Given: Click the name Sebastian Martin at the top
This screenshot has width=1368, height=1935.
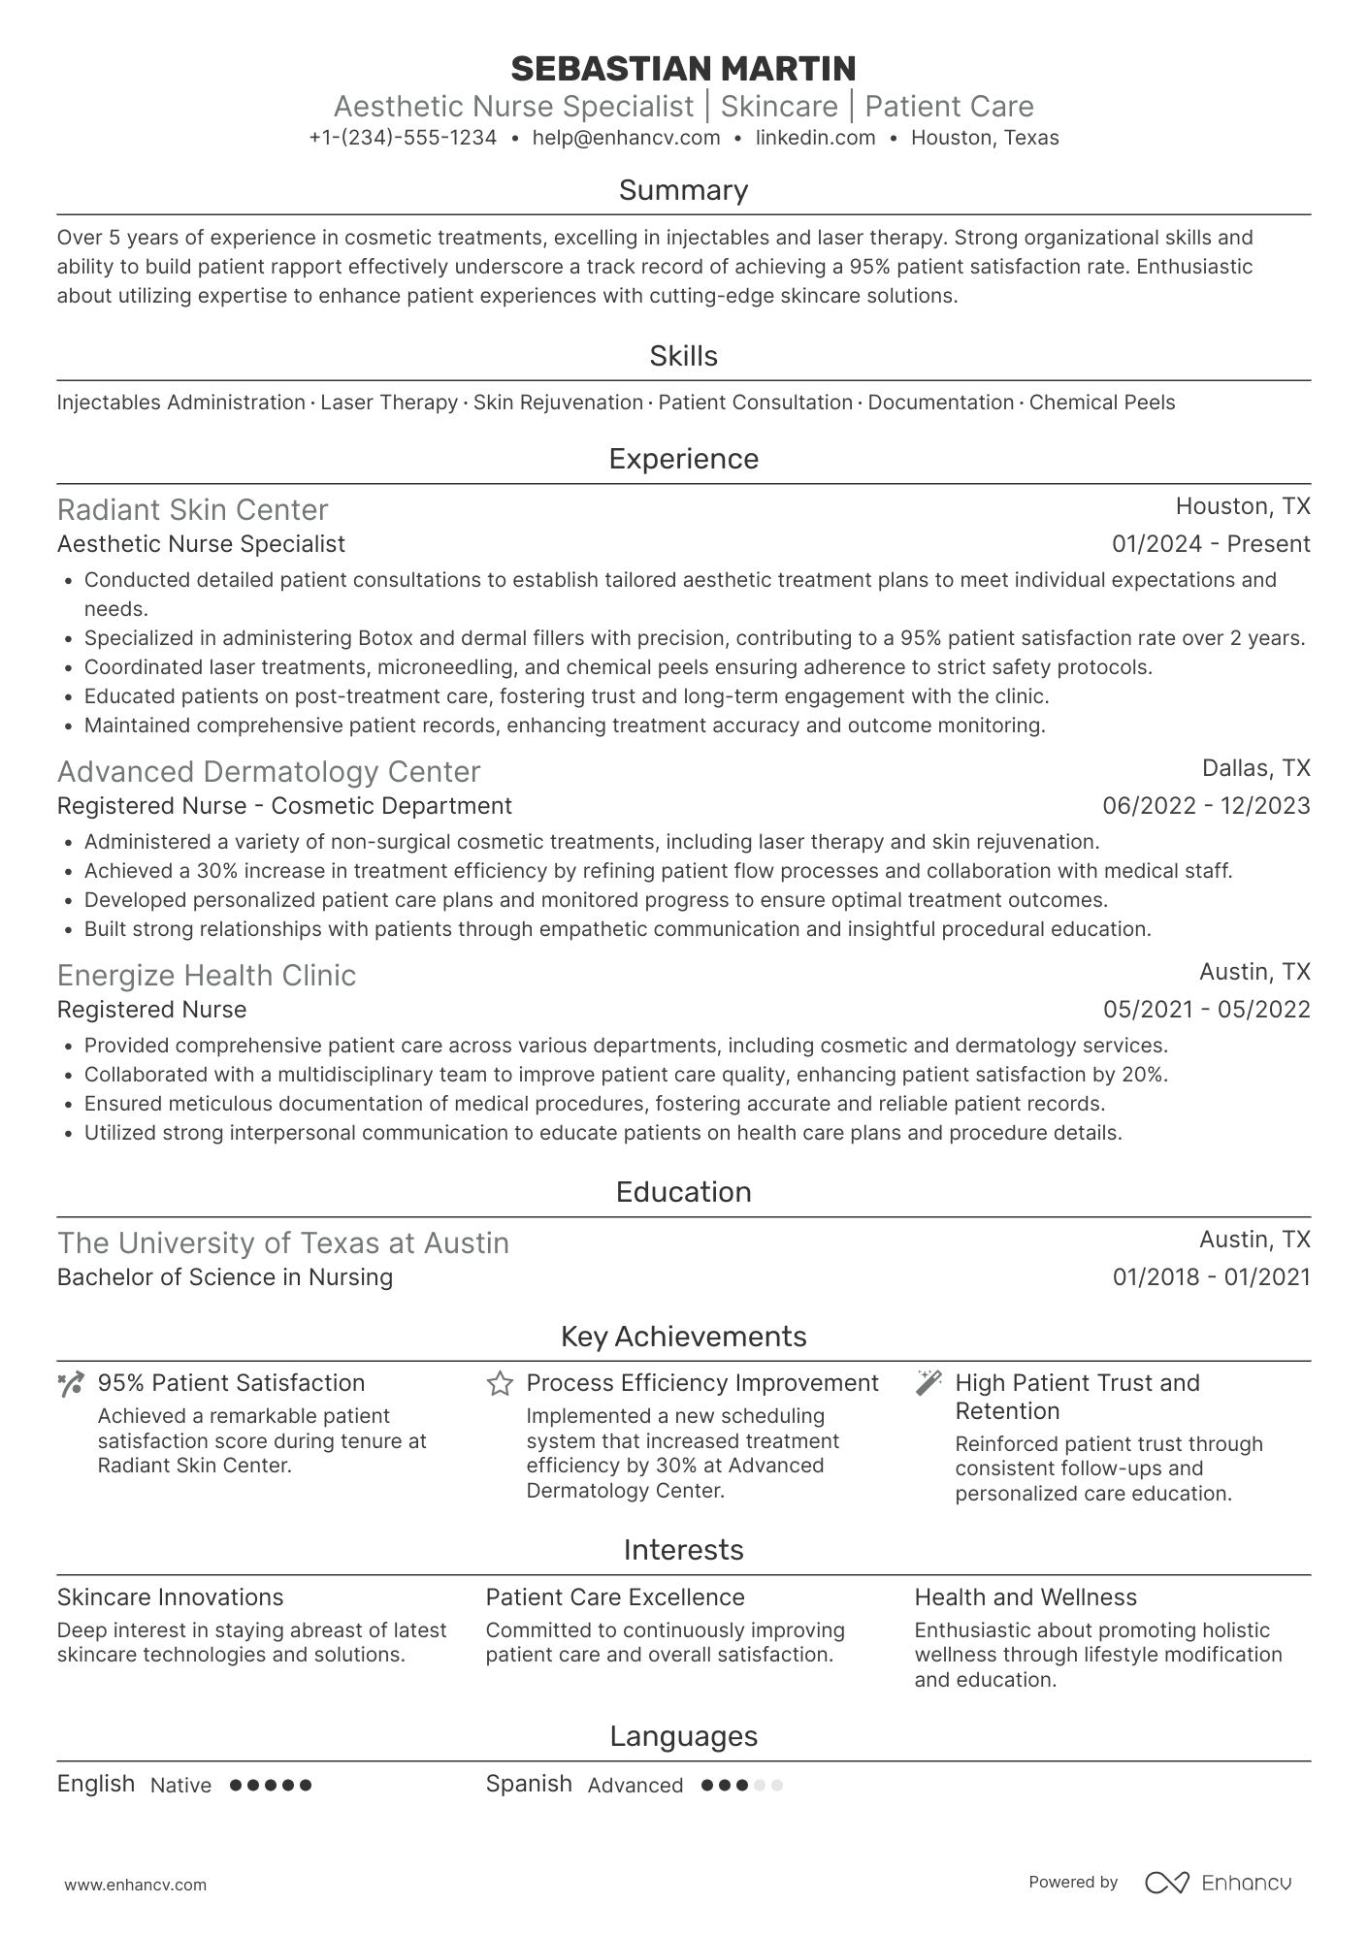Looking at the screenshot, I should click(683, 69).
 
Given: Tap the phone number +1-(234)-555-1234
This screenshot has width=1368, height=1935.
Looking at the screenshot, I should click(403, 138).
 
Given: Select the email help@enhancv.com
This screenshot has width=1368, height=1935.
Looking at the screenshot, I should click(626, 138).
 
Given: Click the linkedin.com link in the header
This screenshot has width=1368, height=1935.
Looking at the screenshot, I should click(815, 138).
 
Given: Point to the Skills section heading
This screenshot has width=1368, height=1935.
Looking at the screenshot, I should click(683, 356).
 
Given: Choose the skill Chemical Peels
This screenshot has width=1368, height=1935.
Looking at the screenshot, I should click(1101, 403).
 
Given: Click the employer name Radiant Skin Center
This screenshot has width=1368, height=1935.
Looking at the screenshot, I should click(192, 510).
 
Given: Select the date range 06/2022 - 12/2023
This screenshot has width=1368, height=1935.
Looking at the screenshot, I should click(1206, 806).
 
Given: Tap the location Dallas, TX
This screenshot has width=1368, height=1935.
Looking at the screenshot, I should click(1255, 768).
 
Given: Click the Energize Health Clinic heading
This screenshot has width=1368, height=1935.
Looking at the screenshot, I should click(207, 976).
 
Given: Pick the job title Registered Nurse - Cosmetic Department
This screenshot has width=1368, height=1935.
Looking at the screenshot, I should click(284, 806).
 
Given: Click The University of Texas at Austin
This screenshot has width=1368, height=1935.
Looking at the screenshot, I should click(282, 1243).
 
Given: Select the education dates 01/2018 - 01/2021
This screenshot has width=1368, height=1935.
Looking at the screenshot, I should click(1211, 1277).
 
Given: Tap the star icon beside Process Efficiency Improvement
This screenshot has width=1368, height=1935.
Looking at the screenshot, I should click(500, 1384).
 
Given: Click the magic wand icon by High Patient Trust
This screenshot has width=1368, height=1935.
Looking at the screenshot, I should click(928, 1383).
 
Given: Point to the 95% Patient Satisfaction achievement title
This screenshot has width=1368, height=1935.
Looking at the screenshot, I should click(231, 1383).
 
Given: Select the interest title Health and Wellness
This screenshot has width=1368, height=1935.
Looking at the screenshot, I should click(1025, 1597).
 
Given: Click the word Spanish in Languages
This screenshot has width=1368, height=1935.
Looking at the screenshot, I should click(529, 1784).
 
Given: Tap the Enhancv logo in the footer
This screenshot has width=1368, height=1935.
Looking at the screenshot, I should click(1218, 1883).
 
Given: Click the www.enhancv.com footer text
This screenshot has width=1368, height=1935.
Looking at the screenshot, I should click(135, 1885).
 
